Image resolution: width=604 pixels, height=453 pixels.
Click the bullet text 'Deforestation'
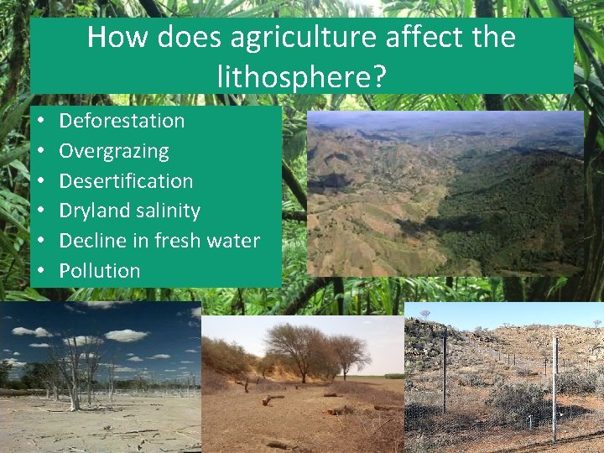[122, 121]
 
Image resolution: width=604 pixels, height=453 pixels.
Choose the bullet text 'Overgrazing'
[114, 151]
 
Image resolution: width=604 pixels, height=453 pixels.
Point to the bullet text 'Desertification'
[126, 181]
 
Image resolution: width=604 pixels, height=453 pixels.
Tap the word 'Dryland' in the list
[92, 211]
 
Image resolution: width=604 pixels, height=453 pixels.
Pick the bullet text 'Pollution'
[100, 271]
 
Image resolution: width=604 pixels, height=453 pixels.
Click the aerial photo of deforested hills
[445, 193]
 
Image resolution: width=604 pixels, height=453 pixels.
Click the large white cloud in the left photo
[126, 336]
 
